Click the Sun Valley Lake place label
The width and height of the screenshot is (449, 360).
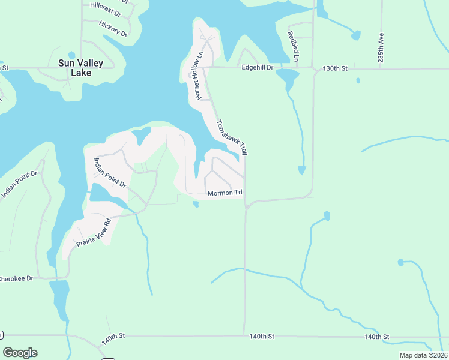pyautogui.click(x=81, y=68)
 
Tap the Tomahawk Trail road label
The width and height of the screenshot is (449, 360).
pyautogui.click(x=232, y=137)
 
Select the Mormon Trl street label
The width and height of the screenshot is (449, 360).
pyautogui.click(x=225, y=193)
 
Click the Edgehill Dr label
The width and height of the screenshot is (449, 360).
pyautogui.click(x=257, y=68)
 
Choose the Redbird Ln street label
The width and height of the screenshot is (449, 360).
pyautogui.click(x=292, y=46)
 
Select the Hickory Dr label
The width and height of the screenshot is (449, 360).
pyautogui.click(x=113, y=29)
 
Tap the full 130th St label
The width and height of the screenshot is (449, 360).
pyautogui.click(x=335, y=68)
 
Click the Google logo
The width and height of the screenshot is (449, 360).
pyautogui.click(x=20, y=353)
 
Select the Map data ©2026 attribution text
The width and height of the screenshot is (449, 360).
pyautogui.click(x=423, y=355)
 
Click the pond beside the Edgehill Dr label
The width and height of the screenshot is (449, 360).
pyautogui.click(x=287, y=77)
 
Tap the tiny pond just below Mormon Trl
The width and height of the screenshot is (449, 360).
pyautogui.click(x=196, y=205)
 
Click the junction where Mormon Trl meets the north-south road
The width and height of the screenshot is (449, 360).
pyautogui.click(x=246, y=204)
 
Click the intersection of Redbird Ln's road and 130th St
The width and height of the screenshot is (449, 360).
pyautogui.click(x=313, y=68)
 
